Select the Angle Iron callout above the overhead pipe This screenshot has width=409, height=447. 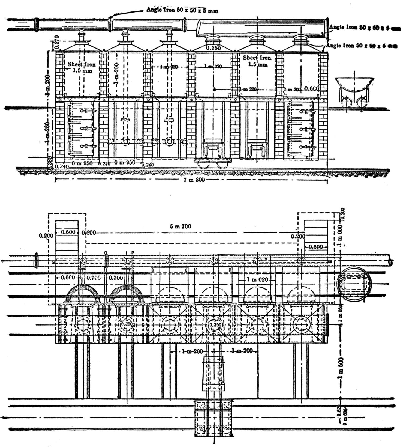pos(182,11)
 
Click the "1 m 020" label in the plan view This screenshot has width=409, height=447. pos(257,279)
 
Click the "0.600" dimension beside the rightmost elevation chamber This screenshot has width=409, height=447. pos(311,88)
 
